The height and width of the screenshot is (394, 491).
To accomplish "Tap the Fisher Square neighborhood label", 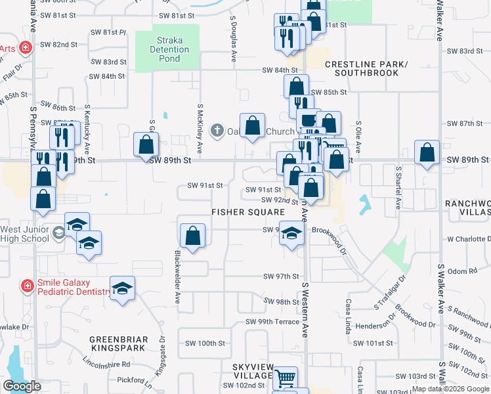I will (x=248, y=212).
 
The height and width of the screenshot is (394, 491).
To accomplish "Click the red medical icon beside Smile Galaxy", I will (x=28, y=286).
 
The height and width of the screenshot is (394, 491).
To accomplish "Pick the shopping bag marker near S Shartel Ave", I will (x=427, y=153).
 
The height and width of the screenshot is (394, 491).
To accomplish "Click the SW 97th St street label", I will (x=281, y=276).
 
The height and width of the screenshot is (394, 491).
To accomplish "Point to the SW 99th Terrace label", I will (x=272, y=322).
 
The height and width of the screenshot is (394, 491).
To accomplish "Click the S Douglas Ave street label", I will (x=234, y=41).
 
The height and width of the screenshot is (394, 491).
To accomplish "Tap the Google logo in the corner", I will (x=22, y=386).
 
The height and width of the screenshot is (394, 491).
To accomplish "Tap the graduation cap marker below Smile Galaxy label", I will (x=122, y=288).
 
